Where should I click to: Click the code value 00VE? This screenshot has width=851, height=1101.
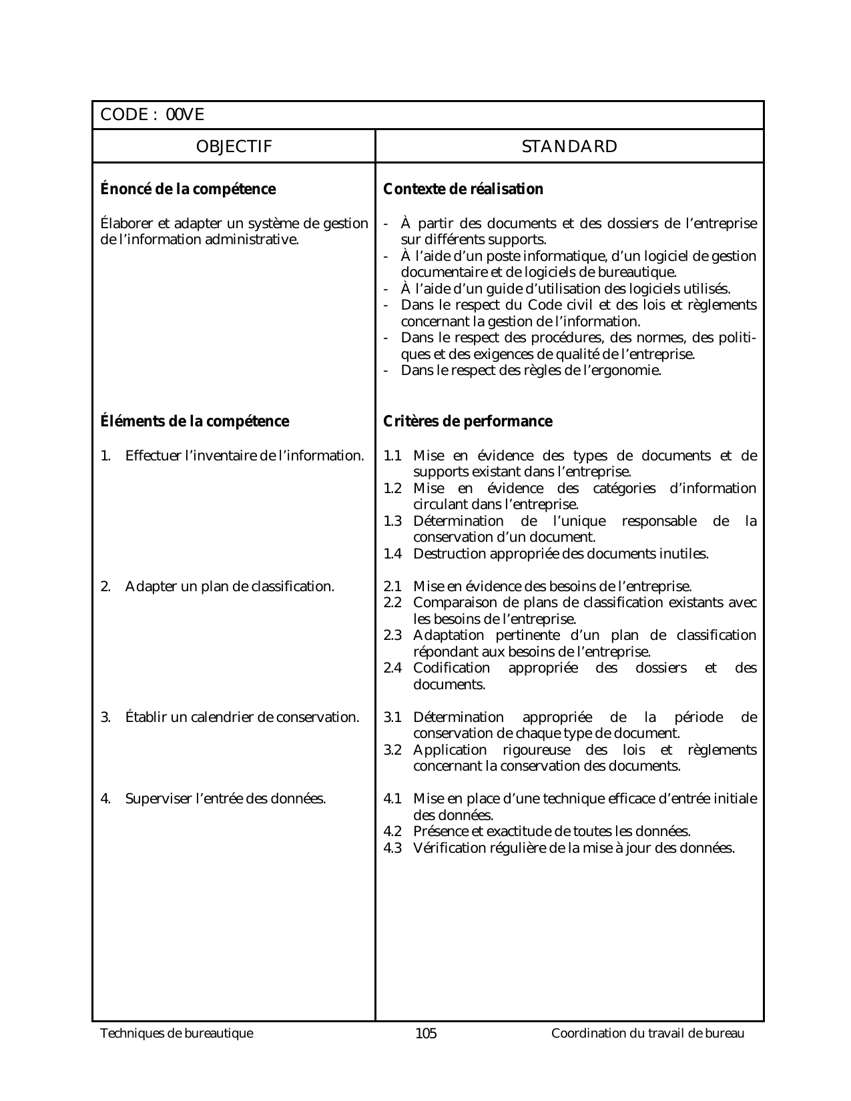click(x=185, y=115)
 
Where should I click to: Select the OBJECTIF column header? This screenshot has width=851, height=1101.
click(x=234, y=147)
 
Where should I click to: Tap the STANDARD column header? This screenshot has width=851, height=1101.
click(x=569, y=147)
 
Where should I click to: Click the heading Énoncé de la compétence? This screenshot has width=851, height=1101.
click(x=188, y=190)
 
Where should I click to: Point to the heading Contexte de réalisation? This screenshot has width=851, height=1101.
click(x=463, y=190)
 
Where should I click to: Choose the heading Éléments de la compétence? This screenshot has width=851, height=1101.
click(x=194, y=422)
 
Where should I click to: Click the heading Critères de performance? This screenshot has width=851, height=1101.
click(x=468, y=422)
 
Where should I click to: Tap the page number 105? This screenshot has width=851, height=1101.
click(x=426, y=1034)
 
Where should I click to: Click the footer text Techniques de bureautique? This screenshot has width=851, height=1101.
click(x=177, y=1034)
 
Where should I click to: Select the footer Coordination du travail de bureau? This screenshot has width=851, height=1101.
click(x=647, y=1034)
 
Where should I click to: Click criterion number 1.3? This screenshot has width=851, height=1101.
click(x=392, y=521)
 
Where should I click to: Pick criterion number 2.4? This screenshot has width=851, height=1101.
click(x=392, y=668)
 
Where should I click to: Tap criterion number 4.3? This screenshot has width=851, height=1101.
click(x=392, y=848)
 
